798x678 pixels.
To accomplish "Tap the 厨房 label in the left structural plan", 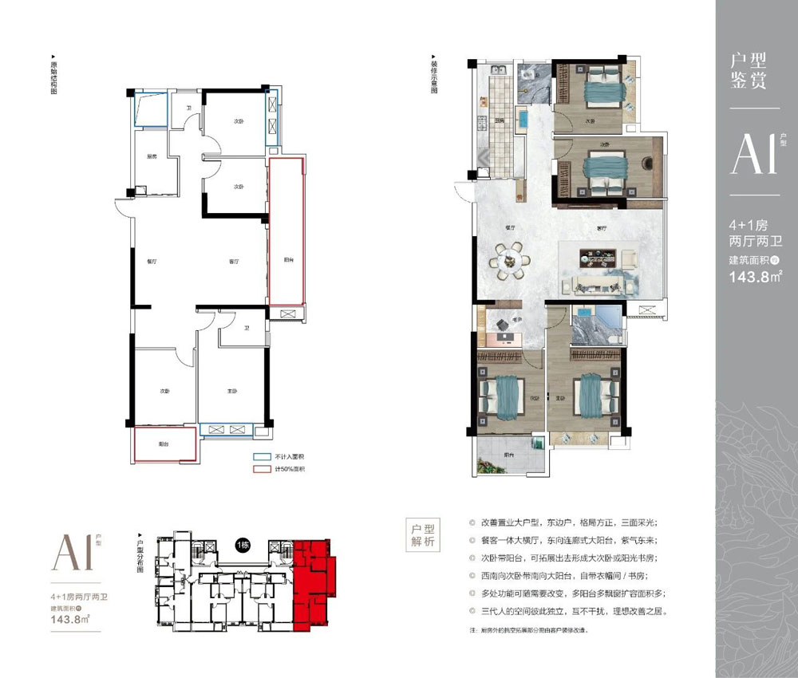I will pyautogui.click(x=150, y=156).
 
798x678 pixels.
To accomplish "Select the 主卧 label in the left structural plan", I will pyautogui.click(x=232, y=391).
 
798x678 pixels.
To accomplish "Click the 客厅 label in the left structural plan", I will pyautogui.click(x=234, y=261).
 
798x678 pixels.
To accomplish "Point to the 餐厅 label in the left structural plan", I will pyautogui.click(x=152, y=261).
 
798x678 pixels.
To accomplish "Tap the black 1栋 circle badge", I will pyautogui.click(x=242, y=545).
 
